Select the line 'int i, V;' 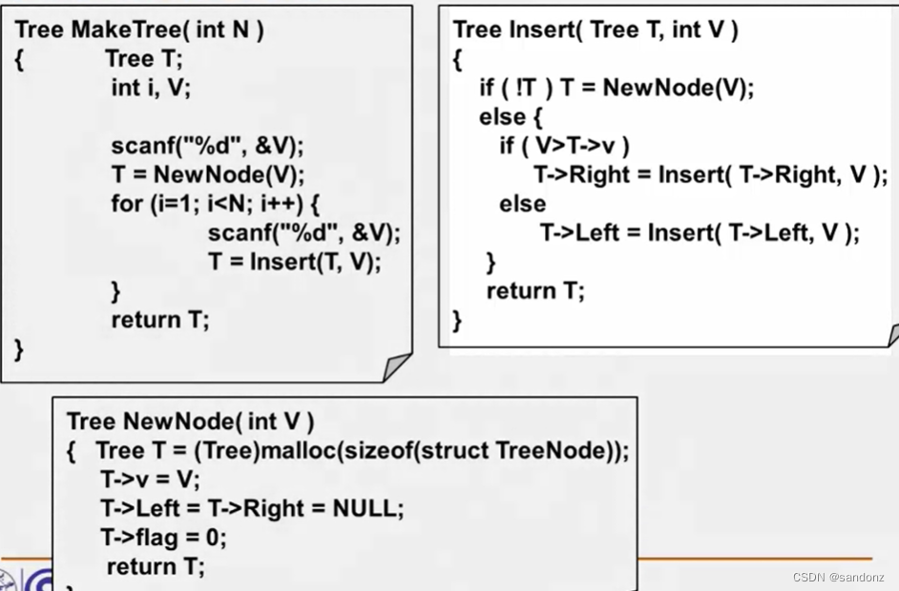[x=151, y=88]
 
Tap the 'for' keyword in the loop [x=126, y=204]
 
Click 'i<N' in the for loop [x=226, y=204]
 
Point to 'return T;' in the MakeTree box [x=159, y=319]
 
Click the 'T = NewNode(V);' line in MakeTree [x=206, y=175]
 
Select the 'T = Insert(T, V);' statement [x=294, y=262]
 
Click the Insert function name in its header [x=540, y=30]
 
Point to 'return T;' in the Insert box [x=534, y=291]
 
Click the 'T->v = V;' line [x=150, y=479]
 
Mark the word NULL [x=367, y=508]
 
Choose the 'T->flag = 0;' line [x=163, y=538]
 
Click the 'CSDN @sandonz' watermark [x=838, y=578]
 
